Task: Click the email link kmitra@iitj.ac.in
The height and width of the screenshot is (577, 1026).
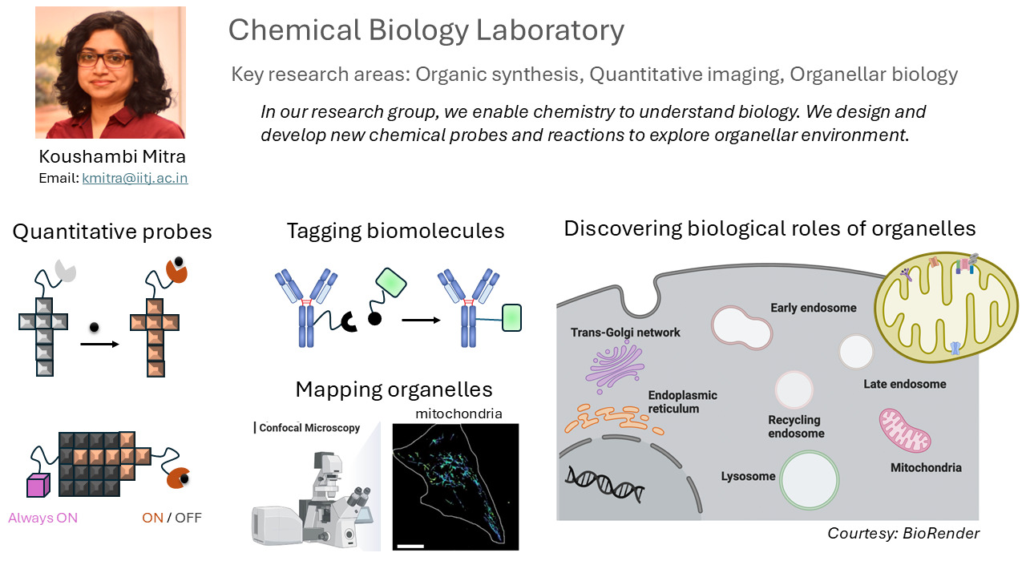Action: [135, 179]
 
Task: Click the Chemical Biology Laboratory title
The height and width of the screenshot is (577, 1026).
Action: [426, 30]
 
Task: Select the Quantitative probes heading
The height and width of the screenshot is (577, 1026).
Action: [112, 232]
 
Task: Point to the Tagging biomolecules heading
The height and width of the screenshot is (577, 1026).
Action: [395, 232]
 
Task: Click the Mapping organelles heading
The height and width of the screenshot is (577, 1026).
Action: [394, 389]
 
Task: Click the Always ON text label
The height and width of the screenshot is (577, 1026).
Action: [43, 518]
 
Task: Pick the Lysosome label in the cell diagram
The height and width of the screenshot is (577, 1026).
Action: [749, 476]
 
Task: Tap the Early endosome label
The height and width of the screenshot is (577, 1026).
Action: [813, 308]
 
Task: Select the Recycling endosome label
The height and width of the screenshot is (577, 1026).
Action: [795, 426]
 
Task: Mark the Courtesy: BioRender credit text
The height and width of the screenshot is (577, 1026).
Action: [903, 533]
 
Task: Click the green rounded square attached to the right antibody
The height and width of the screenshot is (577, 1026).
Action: [511, 319]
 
